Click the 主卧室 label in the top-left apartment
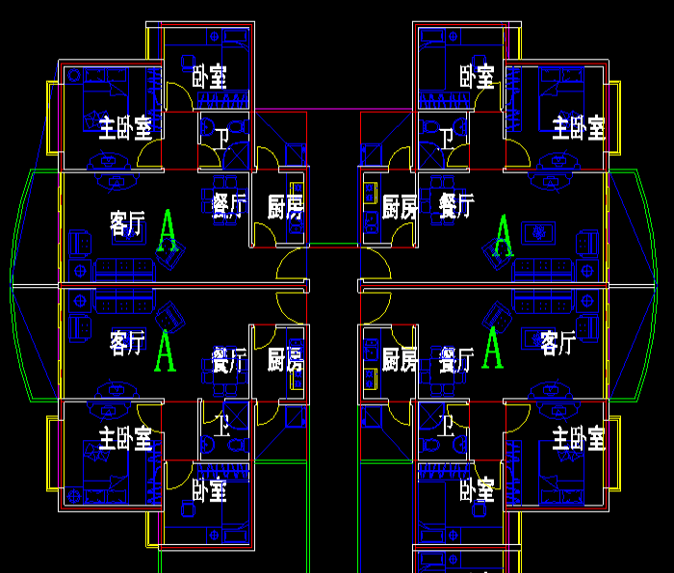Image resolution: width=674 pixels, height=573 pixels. [x=125, y=126]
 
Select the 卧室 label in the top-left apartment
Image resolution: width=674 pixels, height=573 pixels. [x=209, y=76]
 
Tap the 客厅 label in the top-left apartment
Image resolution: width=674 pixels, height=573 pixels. [x=128, y=224]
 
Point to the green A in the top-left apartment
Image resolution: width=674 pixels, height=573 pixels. [x=168, y=232]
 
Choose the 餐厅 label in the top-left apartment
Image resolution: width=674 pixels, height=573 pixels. [x=229, y=206]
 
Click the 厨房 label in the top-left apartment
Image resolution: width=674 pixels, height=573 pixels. [x=286, y=206]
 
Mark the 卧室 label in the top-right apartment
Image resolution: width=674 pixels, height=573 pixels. [x=477, y=76]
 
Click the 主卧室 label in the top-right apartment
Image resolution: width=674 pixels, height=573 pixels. [x=578, y=126]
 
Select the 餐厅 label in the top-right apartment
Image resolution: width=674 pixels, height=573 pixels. [x=456, y=206]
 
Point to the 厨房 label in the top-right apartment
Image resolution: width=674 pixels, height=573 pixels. [x=400, y=206]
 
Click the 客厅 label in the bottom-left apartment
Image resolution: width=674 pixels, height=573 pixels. [x=128, y=343]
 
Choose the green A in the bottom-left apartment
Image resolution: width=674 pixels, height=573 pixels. [x=167, y=350]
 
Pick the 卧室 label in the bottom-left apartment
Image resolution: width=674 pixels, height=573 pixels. [x=209, y=490]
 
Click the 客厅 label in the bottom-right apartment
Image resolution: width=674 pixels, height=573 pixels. [x=558, y=343]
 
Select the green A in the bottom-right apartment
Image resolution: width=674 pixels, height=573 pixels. [x=494, y=348]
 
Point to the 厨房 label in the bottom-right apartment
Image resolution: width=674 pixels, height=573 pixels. [x=400, y=360]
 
